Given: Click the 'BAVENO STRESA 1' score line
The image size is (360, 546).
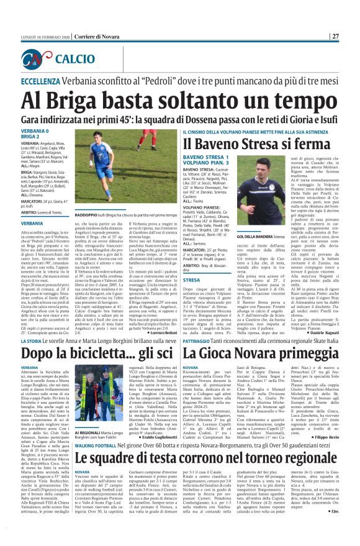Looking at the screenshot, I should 205,158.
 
